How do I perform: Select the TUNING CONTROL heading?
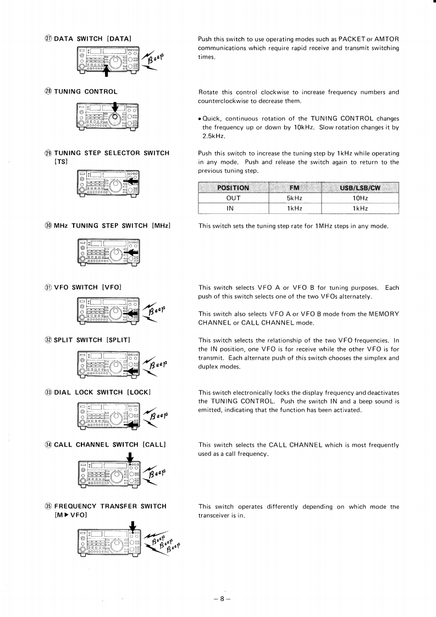(x=85, y=92)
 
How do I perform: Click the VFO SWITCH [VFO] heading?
(x=87, y=287)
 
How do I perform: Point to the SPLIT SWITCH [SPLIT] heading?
(x=91, y=340)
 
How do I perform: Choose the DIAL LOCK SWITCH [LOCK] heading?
(x=102, y=392)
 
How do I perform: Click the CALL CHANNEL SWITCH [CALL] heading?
(x=110, y=444)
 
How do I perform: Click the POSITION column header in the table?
(x=233, y=188)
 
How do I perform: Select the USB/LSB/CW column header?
(x=360, y=188)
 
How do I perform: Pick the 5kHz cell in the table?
(x=295, y=198)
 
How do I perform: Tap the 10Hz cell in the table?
(x=360, y=198)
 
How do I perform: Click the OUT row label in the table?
(x=233, y=198)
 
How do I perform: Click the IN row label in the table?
(x=233, y=208)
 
